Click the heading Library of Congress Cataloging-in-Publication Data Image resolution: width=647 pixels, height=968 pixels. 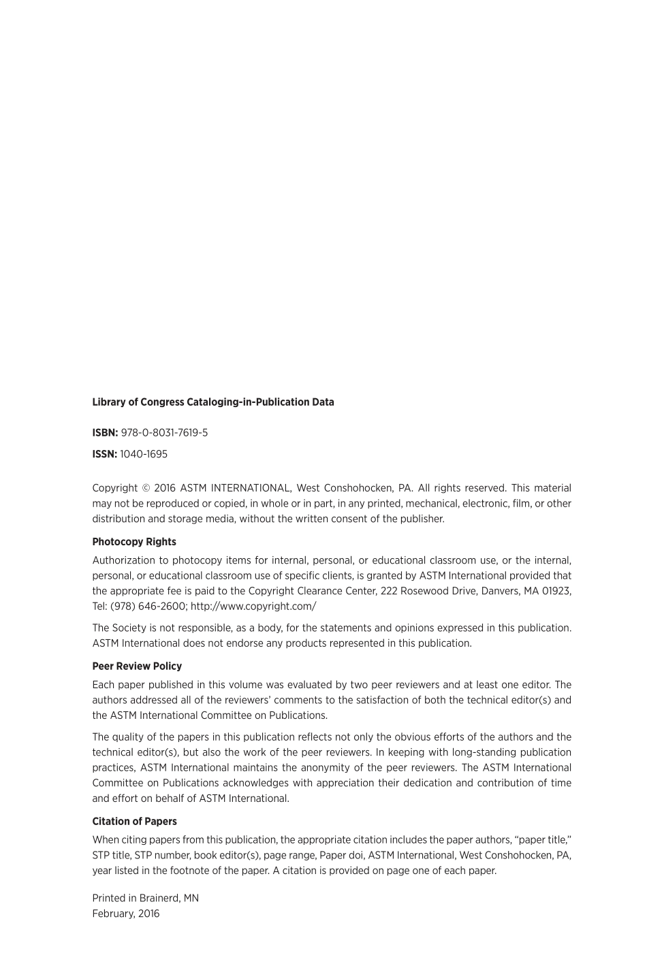coord(213,402)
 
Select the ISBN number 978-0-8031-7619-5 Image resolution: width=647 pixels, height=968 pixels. coord(164,433)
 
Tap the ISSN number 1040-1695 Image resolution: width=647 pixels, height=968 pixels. coord(143,454)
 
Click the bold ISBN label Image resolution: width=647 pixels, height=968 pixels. coord(105,433)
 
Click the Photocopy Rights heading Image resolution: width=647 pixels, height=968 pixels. coord(134,542)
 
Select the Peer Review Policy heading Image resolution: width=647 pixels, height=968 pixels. coord(137,666)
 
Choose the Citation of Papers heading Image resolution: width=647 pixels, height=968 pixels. coord(134,822)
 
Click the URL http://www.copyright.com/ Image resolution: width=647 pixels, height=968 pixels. coord(253,607)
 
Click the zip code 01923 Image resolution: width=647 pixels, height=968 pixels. coord(556,591)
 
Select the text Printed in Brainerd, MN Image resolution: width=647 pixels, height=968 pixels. coord(146,898)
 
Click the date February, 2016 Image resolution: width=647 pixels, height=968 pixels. coord(126,914)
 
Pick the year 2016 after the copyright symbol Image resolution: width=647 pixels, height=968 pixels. coord(165,488)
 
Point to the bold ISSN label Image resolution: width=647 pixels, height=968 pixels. coord(105,454)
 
